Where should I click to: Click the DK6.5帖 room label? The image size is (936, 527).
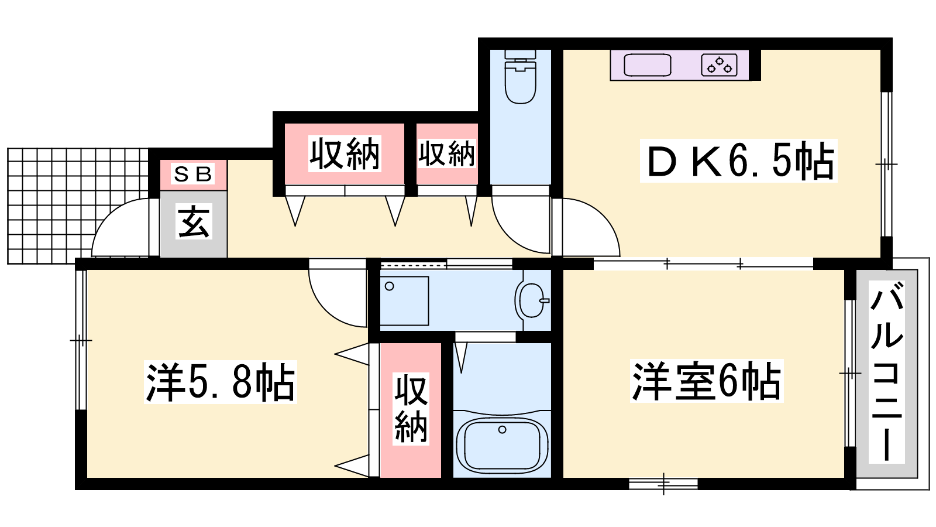(x=739, y=160)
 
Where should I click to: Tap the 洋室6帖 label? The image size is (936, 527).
(x=706, y=381)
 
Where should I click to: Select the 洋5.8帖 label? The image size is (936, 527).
(x=220, y=382)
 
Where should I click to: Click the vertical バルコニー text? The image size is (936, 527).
(x=886, y=372)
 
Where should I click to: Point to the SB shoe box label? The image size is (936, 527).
(x=193, y=174)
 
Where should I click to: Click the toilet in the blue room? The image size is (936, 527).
(x=520, y=77)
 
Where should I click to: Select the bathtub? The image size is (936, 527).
(x=502, y=444)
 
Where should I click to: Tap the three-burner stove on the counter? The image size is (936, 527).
(x=719, y=65)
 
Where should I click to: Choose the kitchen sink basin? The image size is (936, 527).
(x=647, y=66)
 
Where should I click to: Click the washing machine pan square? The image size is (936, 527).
(x=404, y=301)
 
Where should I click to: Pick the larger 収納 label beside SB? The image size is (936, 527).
(x=345, y=154)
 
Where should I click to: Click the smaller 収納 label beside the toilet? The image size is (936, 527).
(x=447, y=154)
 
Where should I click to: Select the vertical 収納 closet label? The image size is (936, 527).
(x=411, y=409)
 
